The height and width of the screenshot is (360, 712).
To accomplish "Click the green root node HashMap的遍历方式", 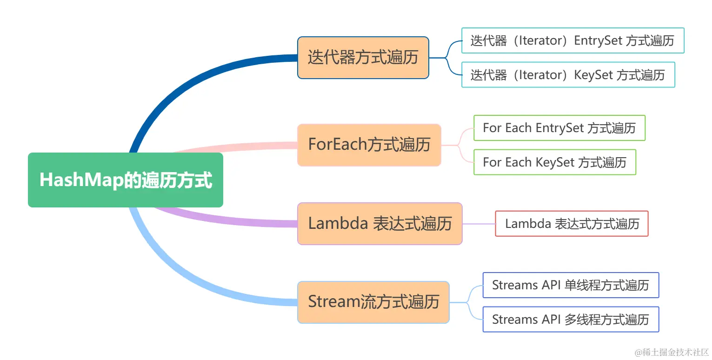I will (x=125, y=180).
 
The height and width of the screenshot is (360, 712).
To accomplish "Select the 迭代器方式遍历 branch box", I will (x=363, y=58).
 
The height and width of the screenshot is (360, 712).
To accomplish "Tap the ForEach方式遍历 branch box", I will (x=369, y=145).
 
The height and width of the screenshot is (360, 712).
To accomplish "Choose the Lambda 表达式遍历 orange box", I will (x=379, y=224).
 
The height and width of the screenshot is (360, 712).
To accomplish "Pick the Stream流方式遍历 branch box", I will (x=373, y=302).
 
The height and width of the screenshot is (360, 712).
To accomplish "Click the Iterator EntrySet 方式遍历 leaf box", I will (x=572, y=40).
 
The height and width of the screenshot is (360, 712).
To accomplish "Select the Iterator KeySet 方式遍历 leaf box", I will (x=567, y=75).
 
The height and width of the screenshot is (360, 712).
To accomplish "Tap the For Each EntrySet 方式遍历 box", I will (x=559, y=128).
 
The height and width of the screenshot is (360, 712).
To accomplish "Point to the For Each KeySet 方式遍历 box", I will (x=554, y=162).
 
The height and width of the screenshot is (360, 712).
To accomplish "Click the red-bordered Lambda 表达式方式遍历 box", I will (x=572, y=224).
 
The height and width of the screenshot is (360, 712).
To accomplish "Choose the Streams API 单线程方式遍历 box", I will (x=570, y=285).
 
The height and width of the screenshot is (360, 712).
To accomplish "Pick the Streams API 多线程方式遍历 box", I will (x=570, y=320).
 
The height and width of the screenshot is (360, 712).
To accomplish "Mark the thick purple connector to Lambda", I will (x=233, y=221).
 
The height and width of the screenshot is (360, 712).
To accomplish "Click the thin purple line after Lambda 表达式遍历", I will (x=479, y=224).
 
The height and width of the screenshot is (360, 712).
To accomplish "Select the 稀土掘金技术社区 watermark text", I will (x=672, y=352).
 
